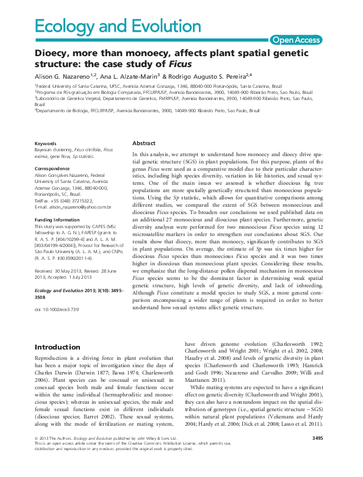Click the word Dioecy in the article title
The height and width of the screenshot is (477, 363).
[53, 54]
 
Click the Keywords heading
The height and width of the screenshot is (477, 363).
[46, 143]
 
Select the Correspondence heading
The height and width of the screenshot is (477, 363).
[51, 167]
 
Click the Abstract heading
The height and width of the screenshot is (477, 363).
[144, 143]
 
